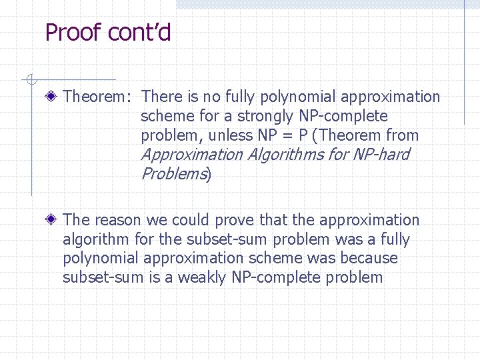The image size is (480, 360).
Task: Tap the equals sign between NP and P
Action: pyautogui.click(x=287, y=136)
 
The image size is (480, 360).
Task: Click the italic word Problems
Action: pyautogui.click(x=173, y=175)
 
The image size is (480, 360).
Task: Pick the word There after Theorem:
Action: pyautogui.click(x=162, y=97)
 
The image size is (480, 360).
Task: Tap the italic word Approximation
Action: pyautogui.click(x=192, y=155)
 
